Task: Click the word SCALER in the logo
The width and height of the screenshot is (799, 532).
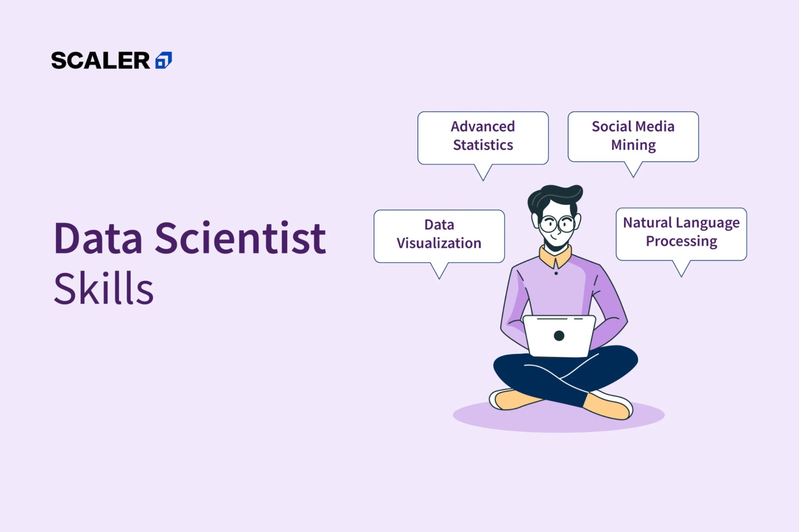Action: pyautogui.click(x=100, y=61)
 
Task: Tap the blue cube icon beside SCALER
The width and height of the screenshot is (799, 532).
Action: pyautogui.click(x=164, y=60)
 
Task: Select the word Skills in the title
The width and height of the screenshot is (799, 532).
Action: pyautogui.click(x=104, y=288)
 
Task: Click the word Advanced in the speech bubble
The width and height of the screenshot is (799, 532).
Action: pyautogui.click(x=483, y=126)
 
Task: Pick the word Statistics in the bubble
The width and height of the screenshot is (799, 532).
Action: pyautogui.click(x=483, y=145)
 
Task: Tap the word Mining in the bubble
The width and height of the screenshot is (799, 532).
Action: pyautogui.click(x=633, y=145)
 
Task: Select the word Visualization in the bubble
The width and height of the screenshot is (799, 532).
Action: pyautogui.click(x=439, y=243)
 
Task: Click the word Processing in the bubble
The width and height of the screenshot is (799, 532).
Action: pyautogui.click(x=682, y=241)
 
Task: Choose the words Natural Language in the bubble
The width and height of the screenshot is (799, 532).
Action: pyautogui.click(x=681, y=223)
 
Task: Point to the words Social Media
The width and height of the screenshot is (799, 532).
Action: pyautogui.click(x=633, y=126)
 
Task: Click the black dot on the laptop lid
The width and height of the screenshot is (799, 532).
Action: pyautogui.click(x=559, y=336)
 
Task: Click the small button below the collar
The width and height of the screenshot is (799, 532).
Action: pyautogui.click(x=556, y=273)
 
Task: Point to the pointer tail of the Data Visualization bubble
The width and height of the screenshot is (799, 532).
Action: pyautogui.click(x=439, y=271)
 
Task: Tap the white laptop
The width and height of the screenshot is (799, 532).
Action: pyautogui.click(x=559, y=336)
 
